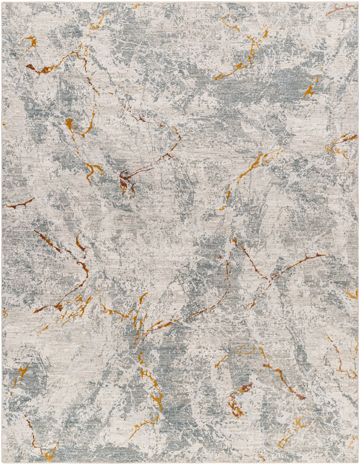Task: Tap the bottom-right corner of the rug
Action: [x=358, y=463]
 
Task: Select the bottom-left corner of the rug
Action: [x=2, y=463]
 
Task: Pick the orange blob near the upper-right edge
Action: [x=309, y=91]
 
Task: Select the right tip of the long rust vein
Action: [x=324, y=255]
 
